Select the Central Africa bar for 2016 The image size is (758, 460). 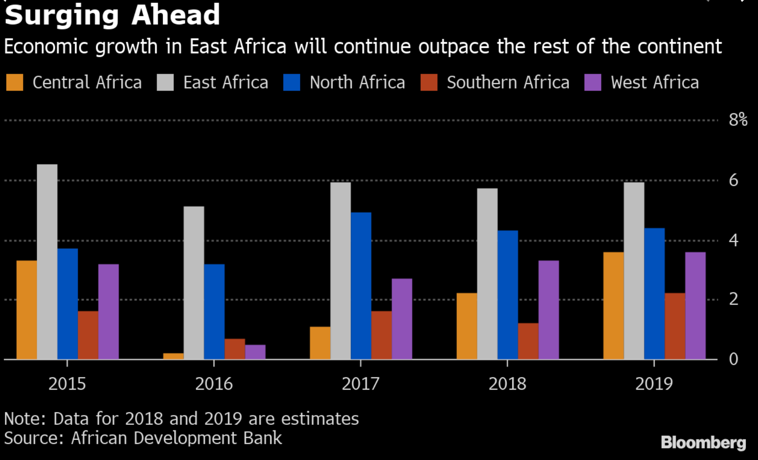coord(173,356)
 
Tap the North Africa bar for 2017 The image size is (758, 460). coord(361,286)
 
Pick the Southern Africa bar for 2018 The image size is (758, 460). coord(528,341)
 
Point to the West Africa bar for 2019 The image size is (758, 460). coord(695,306)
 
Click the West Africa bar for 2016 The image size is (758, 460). coord(255,352)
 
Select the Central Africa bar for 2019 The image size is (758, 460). coord(614,306)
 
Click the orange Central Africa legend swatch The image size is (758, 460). coord(15,83)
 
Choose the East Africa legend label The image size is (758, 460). coord(226,83)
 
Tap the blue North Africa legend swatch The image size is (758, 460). coord(292,83)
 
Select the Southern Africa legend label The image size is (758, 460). coord(508,83)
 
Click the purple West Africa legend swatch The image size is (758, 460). coord(593,83)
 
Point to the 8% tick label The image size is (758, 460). coord(738,120)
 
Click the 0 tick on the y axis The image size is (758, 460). coord(734,359)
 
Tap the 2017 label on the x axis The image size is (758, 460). coord(360,384)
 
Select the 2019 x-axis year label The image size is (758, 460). coord(654,384)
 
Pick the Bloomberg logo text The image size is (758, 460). coord(703,442)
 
